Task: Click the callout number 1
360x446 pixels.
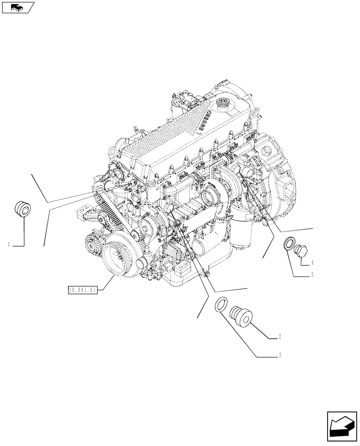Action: click(8, 244)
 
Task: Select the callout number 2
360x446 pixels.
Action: click(278, 336)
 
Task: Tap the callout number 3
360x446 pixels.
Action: click(279, 355)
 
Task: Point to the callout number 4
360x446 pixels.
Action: click(312, 262)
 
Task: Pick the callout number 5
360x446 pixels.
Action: click(312, 275)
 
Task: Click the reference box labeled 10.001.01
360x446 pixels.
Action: click(82, 289)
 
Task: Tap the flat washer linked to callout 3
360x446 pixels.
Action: click(221, 306)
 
